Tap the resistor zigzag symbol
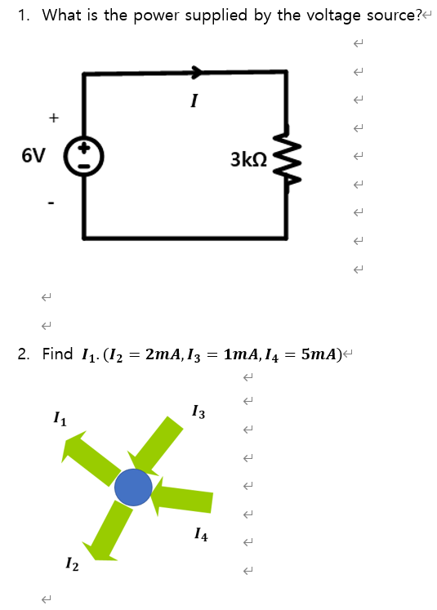tap(287, 156)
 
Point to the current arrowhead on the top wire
tap(197, 72)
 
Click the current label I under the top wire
tap(193, 102)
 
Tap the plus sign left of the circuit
tap(53, 118)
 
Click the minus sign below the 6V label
tap(51, 202)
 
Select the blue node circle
tap(133, 488)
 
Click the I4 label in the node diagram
tap(201, 537)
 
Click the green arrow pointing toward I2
tap(109, 531)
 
